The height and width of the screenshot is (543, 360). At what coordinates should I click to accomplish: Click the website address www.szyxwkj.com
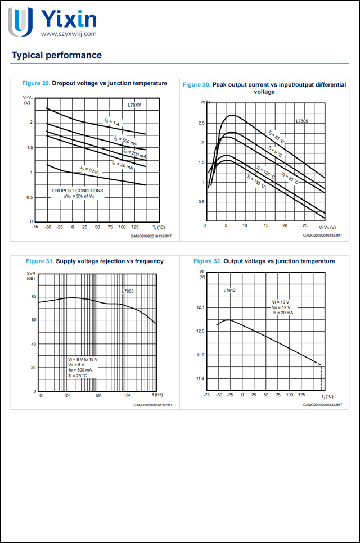(x=69, y=34)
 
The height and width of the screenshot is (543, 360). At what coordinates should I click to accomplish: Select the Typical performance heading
(x=57, y=55)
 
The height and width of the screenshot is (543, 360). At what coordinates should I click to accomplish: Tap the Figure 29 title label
(x=94, y=83)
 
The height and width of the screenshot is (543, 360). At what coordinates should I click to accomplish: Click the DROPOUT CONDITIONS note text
(x=78, y=191)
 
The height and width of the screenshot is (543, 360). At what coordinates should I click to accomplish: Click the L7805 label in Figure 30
(x=303, y=120)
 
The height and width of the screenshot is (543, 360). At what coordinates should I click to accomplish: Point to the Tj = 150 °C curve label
(x=255, y=182)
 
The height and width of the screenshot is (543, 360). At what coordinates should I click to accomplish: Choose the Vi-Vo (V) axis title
(x=327, y=227)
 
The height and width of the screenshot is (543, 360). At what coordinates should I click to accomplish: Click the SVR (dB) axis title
(x=30, y=275)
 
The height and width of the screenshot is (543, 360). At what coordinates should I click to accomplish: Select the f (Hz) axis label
(x=157, y=396)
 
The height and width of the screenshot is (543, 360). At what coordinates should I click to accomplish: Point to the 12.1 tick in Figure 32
(x=199, y=307)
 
